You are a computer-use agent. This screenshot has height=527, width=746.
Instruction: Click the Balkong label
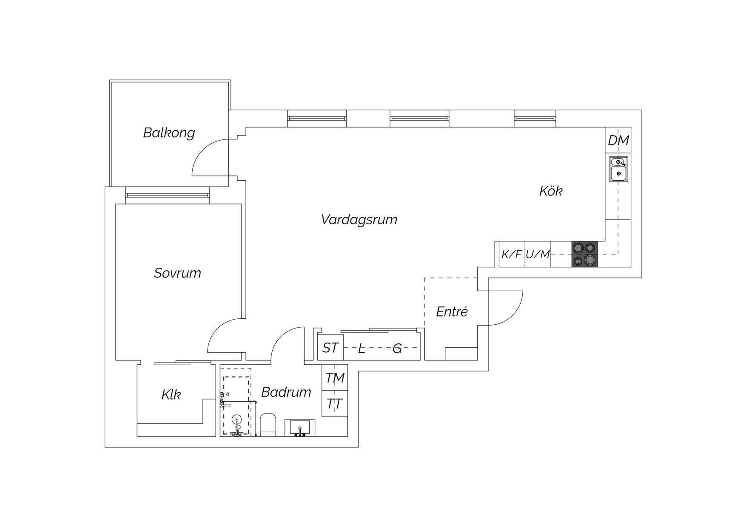pyautogui.click(x=169, y=133)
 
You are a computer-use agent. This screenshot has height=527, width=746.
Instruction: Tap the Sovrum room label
pyautogui.click(x=177, y=273)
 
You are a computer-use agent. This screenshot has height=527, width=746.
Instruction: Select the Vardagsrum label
pyautogui.click(x=359, y=220)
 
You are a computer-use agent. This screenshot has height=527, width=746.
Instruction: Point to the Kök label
pyautogui.click(x=551, y=191)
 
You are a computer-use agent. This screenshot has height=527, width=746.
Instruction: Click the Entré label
pyautogui.click(x=452, y=312)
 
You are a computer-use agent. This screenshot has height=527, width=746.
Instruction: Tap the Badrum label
pyautogui.click(x=286, y=392)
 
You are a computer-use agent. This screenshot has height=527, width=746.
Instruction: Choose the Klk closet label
pyautogui.click(x=171, y=394)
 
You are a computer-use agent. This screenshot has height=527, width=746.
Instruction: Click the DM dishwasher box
pyautogui.click(x=618, y=140)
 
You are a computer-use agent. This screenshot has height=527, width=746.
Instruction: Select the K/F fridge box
pyautogui.click(x=512, y=254)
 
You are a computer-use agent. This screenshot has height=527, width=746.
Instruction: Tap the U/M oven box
pyautogui.click(x=538, y=254)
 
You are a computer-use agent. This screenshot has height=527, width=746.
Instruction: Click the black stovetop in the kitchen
pyautogui.click(x=584, y=254)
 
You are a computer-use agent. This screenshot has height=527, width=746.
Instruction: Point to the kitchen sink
pyautogui.click(x=618, y=169)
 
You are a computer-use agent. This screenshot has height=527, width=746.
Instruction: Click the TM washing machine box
pyautogui.click(x=335, y=377)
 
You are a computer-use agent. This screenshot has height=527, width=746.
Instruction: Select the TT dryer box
pyautogui.click(x=335, y=403)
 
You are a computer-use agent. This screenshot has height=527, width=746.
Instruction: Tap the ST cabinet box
pyautogui.click(x=330, y=348)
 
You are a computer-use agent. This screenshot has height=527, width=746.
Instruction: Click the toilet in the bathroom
pyautogui.click(x=268, y=425)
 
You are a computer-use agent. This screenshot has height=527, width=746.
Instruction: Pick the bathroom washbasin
pyautogui.click(x=300, y=428)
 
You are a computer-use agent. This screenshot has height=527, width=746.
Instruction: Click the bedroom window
pyautogui.click(x=168, y=195)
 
